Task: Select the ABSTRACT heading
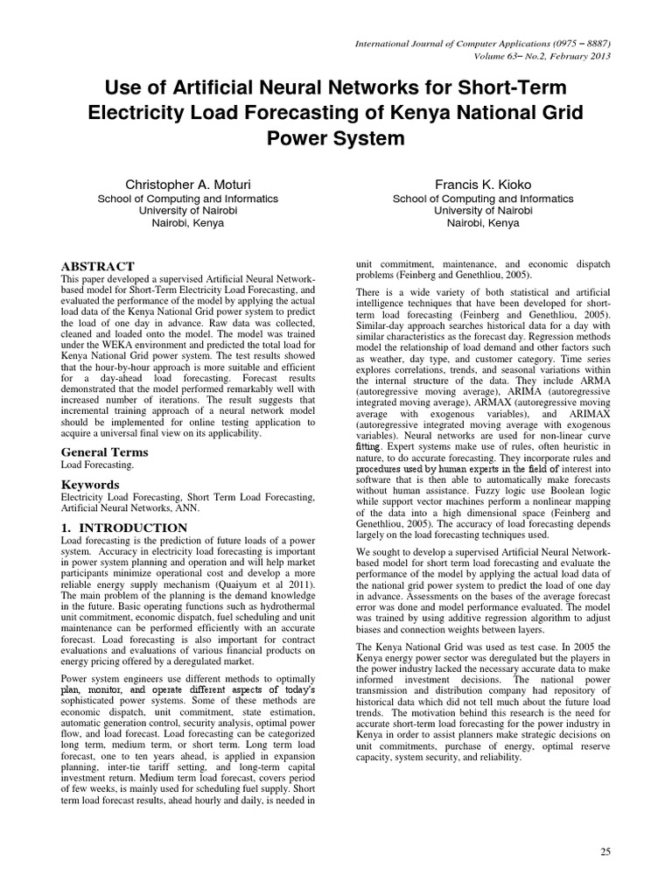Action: click(x=97, y=266)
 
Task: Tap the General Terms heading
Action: click(x=103, y=451)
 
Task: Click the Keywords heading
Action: click(x=90, y=484)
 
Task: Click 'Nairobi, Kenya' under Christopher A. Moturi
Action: click(x=188, y=223)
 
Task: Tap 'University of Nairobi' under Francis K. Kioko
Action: click(x=475, y=211)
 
